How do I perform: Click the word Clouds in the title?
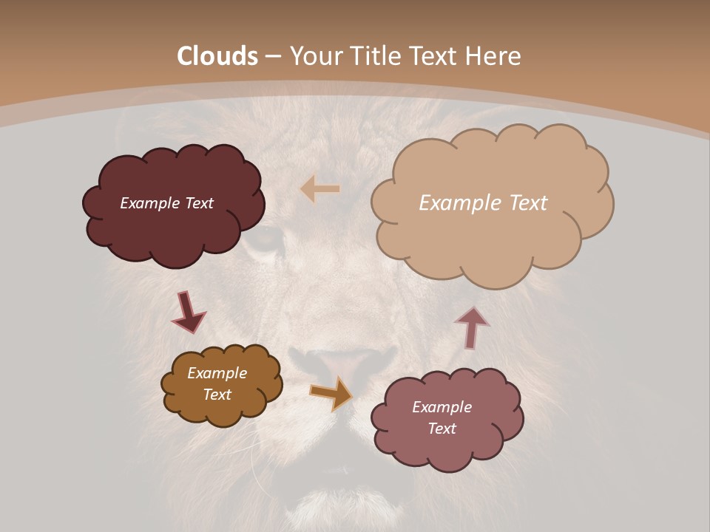click(x=217, y=56)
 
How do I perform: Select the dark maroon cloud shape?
click(x=174, y=229)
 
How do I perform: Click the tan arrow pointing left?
click(x=319, y=189)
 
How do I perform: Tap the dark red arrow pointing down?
click(x=188, y=312)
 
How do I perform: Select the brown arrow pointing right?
click(x=331, y=393)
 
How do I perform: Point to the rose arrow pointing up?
click(x=471, y=327)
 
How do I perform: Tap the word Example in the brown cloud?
click(x=217, y=373)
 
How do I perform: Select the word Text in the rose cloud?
click(x=442, y=429)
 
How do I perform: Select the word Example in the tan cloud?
click(x=458, y=203)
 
